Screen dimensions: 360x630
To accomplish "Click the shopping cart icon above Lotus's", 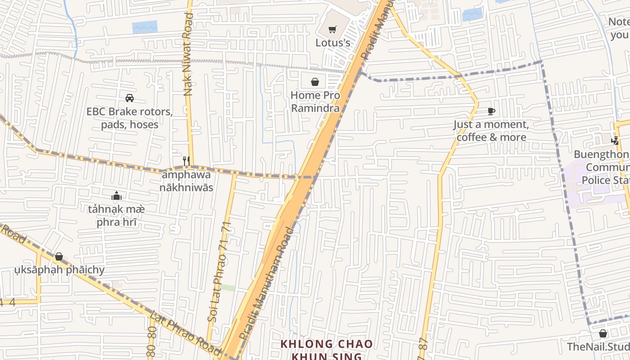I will point(332,30).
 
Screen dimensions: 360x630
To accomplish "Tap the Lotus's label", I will point(333,43).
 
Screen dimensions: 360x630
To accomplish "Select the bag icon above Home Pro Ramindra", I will point(315,82).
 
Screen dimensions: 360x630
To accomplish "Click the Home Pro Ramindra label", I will point(315,102).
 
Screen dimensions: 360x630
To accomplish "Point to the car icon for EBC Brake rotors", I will point(129,98).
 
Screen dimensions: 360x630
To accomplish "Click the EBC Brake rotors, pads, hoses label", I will point(130,118).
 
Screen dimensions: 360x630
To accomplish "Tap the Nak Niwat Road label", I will point(189,54).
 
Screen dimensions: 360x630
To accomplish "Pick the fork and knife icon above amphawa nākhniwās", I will point(186,160).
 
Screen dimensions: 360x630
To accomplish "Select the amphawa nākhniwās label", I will point(187,181).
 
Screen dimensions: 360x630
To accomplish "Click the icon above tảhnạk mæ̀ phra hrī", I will point(117,196).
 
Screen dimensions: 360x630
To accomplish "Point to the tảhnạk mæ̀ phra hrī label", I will point(117,216).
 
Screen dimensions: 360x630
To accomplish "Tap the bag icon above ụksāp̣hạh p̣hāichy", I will point(59,256).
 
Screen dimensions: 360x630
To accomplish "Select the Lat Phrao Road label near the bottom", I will point(184,332).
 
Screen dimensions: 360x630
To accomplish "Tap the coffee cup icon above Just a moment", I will point(491,111).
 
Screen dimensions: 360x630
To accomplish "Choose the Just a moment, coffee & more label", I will point(491,130).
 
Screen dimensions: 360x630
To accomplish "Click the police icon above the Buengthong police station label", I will point(615,140).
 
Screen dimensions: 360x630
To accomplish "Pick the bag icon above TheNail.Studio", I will point(603,333).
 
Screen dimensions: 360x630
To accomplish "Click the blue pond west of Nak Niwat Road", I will point(145,27).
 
